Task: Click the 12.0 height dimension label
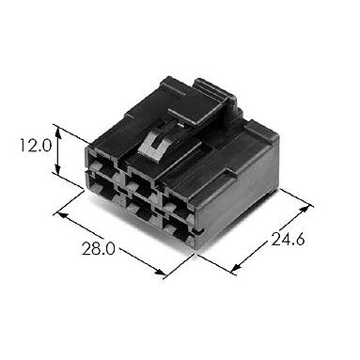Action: (x=36, y=146)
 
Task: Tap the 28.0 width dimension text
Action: (x=99, y=248)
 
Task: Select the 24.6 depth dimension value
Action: (x=288, y=240)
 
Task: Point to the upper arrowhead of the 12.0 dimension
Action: (x=57, y=131)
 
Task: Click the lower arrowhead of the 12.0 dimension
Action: (x=57, y=167)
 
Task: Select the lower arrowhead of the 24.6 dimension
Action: (x=236, y=267)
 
